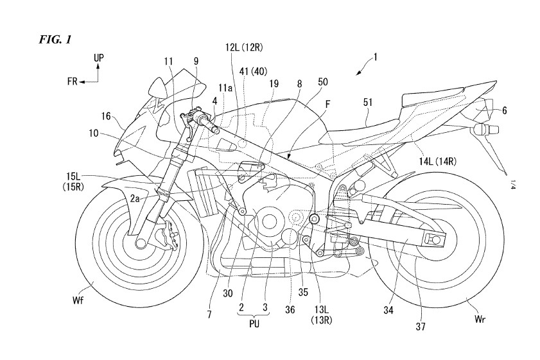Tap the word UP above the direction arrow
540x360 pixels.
click(98, 58)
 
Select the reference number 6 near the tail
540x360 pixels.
click(505, 110)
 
